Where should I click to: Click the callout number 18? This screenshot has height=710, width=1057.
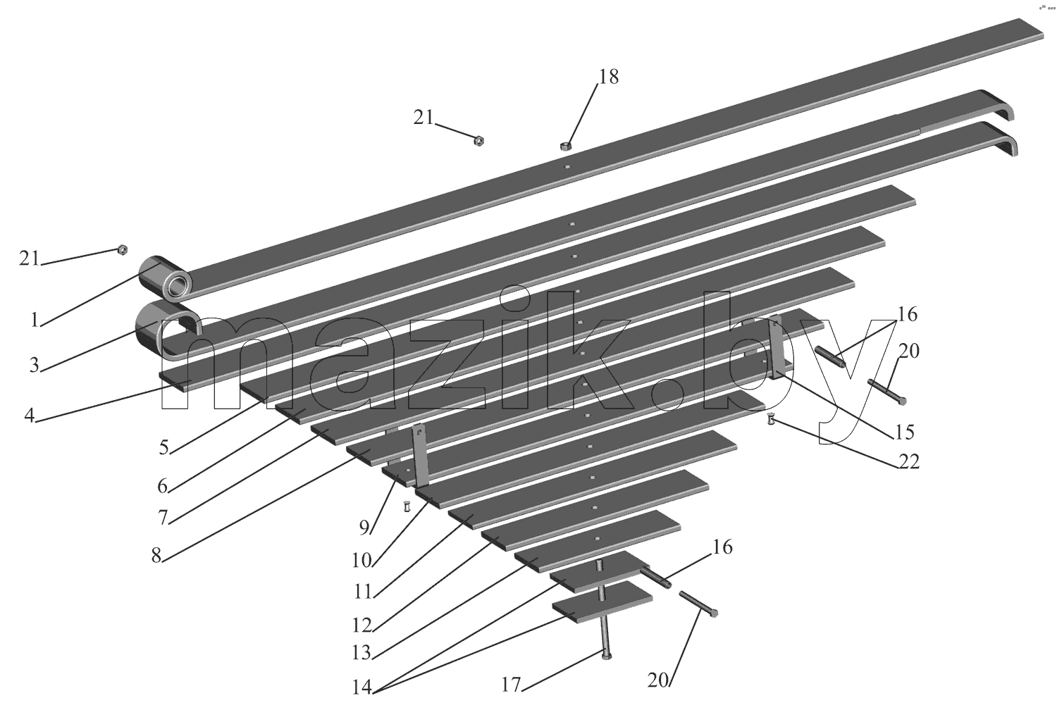pos(609,77)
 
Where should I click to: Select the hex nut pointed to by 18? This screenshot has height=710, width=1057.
pos(565,146)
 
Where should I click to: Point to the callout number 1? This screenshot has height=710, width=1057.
pos(34,320)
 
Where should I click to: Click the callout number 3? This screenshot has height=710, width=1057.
pos(34,365)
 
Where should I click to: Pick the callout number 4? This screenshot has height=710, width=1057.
pos(30,416)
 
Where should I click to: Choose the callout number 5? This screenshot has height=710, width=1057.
pos(163,447)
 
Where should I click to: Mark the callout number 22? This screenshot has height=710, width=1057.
pos(908,461)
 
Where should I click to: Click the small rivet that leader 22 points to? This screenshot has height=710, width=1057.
pos(771,419)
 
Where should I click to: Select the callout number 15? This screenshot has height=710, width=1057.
pos(905,432)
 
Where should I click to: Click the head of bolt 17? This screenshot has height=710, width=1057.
pos(606,655)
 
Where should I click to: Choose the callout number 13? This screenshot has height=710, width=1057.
pos(362,653)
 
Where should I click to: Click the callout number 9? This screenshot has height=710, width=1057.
pos(364,528)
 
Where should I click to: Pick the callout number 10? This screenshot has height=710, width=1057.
pos(362,561)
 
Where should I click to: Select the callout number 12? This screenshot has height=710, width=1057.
pos(362,625)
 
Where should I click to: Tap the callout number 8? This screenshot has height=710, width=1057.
pos(156,556)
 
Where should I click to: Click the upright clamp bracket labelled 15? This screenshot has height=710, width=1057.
pos(777,348)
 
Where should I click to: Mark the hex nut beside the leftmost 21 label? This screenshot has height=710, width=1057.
pos(121,249)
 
